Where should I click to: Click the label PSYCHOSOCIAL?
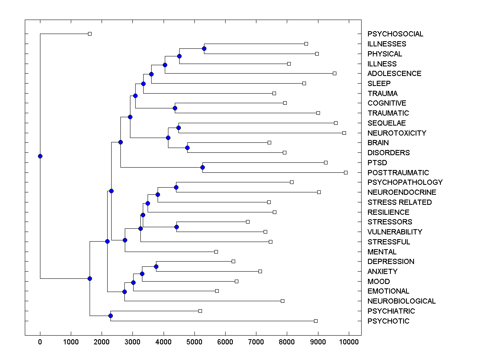395,34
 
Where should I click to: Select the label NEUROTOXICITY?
397,133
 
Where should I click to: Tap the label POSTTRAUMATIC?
398,172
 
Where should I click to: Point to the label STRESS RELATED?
400,202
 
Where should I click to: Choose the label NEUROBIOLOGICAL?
402,301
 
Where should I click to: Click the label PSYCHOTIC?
388,321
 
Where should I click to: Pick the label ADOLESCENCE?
394,74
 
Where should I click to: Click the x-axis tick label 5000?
194,341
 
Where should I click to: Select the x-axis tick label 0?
40,341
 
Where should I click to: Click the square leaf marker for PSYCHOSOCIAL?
90,34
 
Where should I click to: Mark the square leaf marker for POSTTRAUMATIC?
346,172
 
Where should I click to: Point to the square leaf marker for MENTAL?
216,252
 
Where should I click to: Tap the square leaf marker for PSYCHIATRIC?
200,311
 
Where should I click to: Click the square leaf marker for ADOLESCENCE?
334,73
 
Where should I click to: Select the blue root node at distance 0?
40,156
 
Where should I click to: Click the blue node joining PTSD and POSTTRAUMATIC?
203,167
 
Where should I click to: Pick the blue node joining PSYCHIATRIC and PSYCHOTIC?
110,316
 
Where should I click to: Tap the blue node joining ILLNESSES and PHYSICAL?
204,48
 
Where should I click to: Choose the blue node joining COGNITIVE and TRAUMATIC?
175,108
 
